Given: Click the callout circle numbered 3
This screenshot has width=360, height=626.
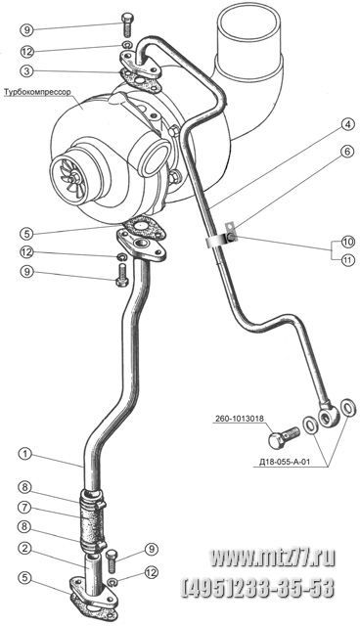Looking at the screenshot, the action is (x=26, y=71).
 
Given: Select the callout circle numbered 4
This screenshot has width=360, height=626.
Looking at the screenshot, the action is (x=347, y=125).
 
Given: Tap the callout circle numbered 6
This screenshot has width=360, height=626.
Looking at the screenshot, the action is (x=347, y=153).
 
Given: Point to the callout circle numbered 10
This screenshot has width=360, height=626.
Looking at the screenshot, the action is (x=347, y=242).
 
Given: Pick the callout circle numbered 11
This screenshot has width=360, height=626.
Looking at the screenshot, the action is (x=347, y=261).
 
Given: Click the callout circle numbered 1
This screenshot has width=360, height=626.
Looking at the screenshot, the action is (x=25, y=454).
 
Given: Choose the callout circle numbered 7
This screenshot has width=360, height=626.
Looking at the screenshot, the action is (x=25, y=508).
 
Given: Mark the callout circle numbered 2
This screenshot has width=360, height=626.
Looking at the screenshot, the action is (x=25, y=549).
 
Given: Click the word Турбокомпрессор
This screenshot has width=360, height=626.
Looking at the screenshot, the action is (x=37, y=92).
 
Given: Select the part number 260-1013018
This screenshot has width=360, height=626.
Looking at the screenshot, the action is (x=239, y=419).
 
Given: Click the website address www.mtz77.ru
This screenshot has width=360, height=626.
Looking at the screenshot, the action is (x=273, y=558).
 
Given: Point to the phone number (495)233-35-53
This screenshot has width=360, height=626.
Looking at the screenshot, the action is (x=258, y=588).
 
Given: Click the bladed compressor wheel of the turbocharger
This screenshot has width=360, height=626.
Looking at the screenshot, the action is (x=67, y=174).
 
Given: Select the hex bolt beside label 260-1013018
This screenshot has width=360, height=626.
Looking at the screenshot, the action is (x=284, y=437).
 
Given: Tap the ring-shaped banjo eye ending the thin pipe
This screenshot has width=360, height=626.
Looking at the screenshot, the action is (x=330, y=417).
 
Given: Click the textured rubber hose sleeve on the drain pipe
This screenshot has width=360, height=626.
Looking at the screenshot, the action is (x=92, y=522).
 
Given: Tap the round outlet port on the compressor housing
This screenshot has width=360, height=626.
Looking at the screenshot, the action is (x=156, y=156).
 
